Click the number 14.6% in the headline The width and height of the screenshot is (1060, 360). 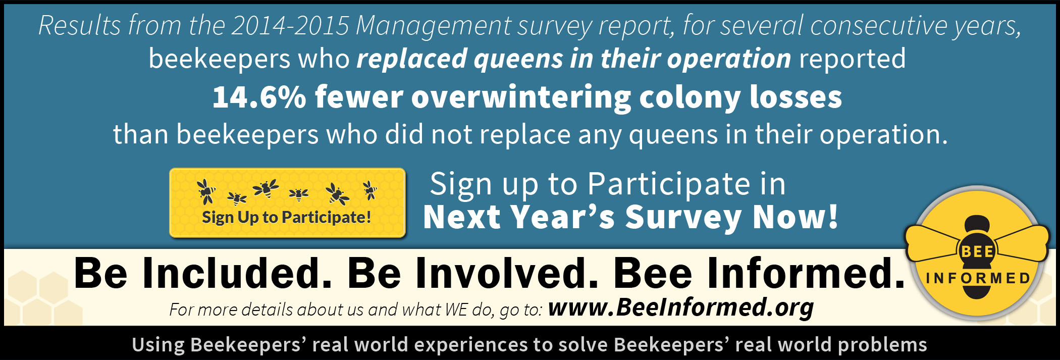[x=259, y=97]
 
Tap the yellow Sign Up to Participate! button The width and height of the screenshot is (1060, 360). [x=287, y=202]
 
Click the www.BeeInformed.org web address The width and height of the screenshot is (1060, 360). [x=681, y=307]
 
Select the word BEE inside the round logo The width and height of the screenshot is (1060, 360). [x=977, y=251]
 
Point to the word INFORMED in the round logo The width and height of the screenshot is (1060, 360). [x=978, y=278]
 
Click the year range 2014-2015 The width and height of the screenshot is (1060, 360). [x=290, y=25]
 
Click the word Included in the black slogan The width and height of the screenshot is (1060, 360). [x=237, y=273]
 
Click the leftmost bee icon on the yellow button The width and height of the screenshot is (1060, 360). [x=206, y=191]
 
